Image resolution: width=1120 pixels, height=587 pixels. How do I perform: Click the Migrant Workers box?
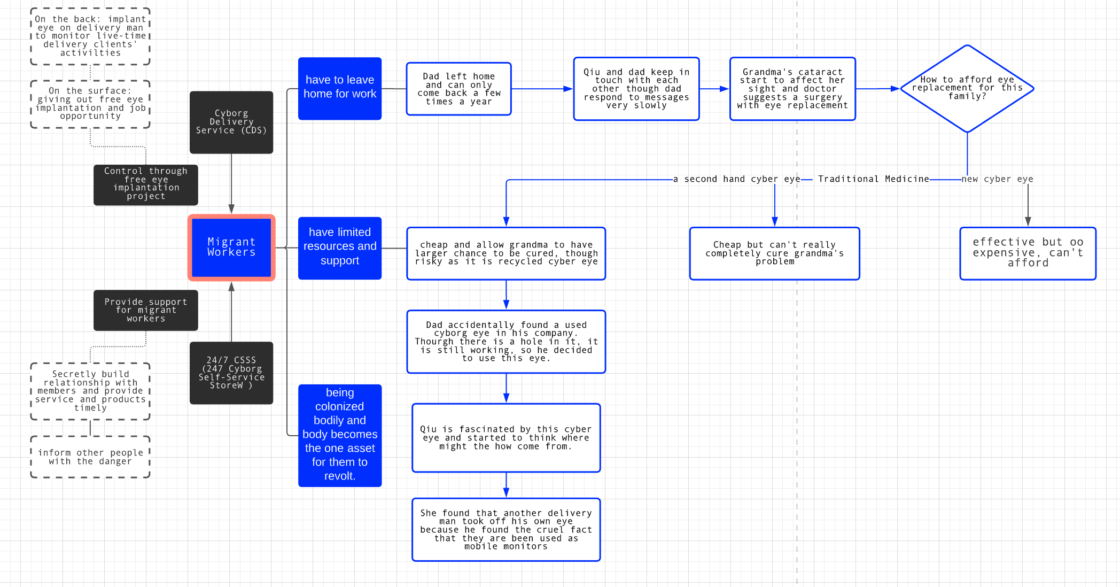231,248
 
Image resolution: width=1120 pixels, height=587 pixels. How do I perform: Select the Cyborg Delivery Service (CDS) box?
231,122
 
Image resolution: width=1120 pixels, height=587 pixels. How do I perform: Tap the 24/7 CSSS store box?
231,373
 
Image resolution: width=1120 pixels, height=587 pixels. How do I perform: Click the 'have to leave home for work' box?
340,88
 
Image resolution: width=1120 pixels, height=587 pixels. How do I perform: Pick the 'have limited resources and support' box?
340,248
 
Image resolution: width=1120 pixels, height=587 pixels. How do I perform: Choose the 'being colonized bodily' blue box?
340,435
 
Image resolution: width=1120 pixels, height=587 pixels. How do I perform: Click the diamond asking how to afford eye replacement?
967,88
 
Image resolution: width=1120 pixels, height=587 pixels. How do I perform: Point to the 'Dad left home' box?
459,89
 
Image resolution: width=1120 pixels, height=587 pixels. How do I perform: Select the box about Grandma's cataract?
792,89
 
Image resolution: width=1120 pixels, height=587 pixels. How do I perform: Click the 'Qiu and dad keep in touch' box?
636,89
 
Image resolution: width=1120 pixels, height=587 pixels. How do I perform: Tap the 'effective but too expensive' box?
1028,253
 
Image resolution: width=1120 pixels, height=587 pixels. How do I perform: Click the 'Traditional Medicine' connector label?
874,179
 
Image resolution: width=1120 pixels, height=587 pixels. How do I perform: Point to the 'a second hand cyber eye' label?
737,179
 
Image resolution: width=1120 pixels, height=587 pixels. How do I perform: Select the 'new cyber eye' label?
998,179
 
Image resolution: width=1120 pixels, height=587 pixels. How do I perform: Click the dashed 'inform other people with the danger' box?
90,457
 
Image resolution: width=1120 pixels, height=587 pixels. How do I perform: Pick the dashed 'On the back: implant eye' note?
90,36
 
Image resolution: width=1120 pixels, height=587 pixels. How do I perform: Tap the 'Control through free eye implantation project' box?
146,185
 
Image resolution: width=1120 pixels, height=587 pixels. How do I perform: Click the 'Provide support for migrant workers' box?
146,310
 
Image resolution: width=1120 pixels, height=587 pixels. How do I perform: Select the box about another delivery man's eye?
506,530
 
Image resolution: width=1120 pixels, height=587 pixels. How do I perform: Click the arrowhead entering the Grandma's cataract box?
725,89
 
